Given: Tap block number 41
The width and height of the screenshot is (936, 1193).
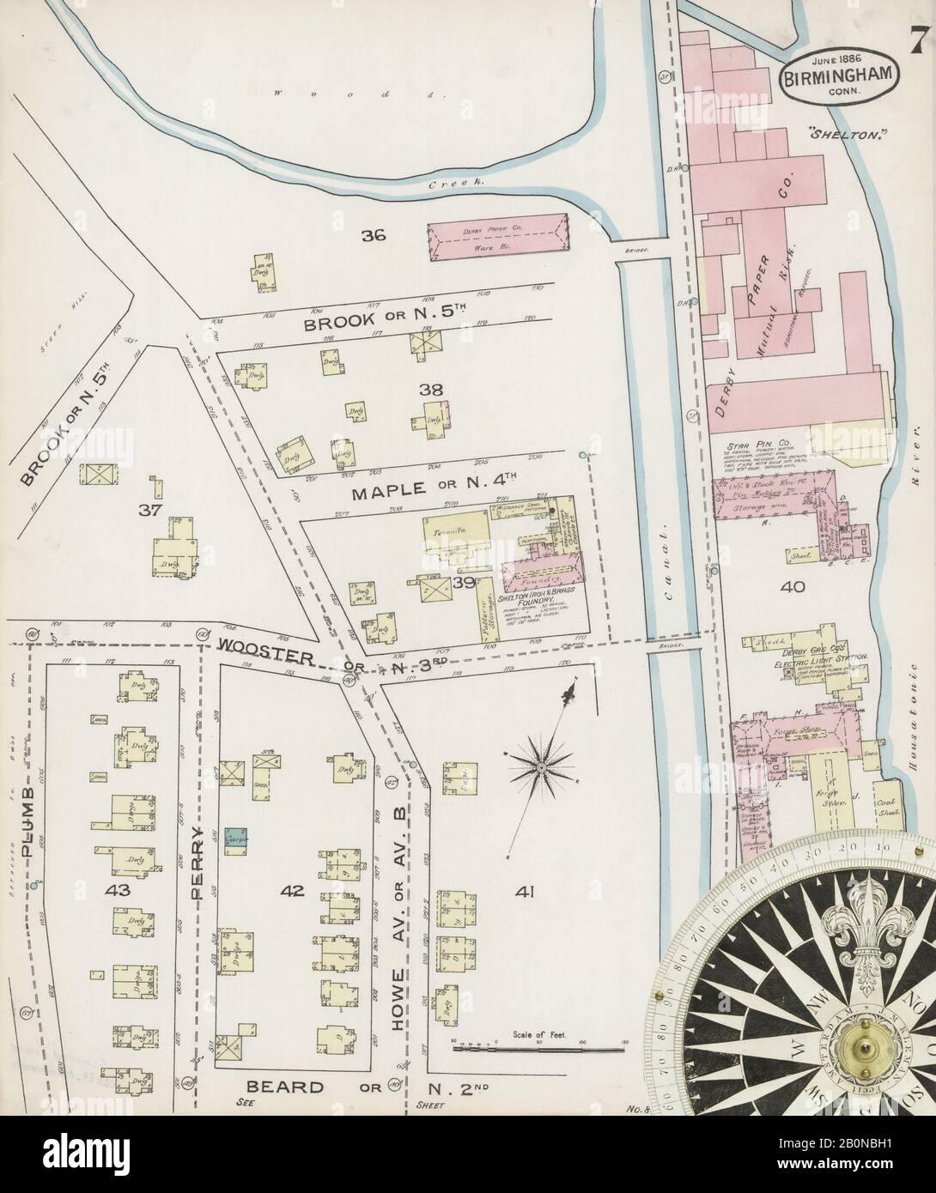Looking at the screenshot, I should (525, 892).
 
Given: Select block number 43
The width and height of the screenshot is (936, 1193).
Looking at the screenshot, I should (117, 891).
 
